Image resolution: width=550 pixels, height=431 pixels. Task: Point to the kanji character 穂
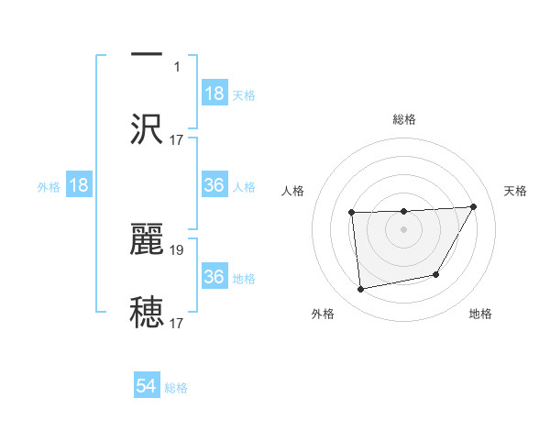click(x=147, y=312)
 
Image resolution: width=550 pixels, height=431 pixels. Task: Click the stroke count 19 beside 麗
click(x=178, y=248)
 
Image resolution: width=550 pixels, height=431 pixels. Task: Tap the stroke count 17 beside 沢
click(x=178, y=139)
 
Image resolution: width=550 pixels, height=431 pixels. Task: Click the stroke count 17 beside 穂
click(x=178, y=323)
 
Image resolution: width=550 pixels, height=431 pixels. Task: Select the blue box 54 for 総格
click(x=147, y=387)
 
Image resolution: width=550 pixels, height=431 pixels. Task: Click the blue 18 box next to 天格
click(x=214, y=94)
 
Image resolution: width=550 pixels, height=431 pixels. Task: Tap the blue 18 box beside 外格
click(x=79, y=185)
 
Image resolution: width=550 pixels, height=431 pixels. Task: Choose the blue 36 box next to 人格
click(x=214, y=185)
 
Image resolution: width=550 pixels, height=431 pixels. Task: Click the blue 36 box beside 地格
click(x=214, y=277)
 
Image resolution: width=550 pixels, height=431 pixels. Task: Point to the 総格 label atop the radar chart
click(x=404, y=119)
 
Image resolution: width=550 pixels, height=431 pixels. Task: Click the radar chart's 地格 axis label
click(x=480, y=315)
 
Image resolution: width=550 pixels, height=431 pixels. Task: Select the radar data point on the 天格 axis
click(x=473, y=206)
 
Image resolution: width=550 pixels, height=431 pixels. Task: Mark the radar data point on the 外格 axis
click(x=361, y=289)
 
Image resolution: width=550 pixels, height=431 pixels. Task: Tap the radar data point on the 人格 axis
click(x=352, y=213)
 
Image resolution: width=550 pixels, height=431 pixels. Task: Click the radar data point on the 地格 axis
click(x=436, y=274)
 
